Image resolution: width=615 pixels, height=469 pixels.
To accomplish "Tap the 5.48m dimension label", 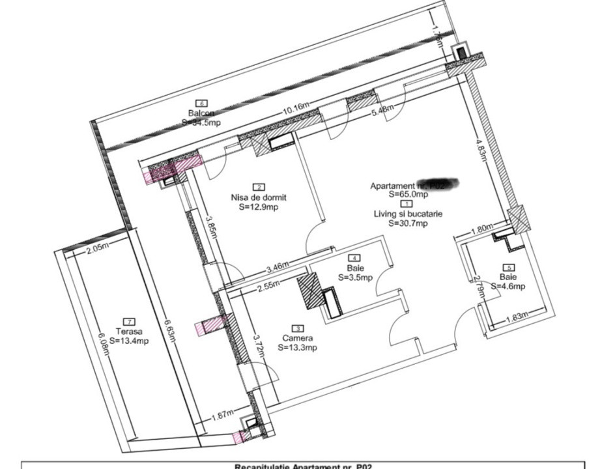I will pyautogui.click(x=382, y=110).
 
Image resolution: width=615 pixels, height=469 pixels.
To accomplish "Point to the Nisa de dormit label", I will pyautogui.click(x=259, y=197).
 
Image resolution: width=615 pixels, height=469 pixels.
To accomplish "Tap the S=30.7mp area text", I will pyautogui.click(x=408, y=223).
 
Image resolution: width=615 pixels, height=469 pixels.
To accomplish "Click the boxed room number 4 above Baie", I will pyautogui.click(x=355, y=258).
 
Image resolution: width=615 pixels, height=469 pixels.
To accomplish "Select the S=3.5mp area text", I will pyautogui.click(x=355, y=277).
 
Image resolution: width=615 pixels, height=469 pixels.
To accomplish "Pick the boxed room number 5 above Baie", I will pyautogui.click(x=509, y=266).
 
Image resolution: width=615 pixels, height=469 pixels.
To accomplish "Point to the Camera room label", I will pyautogui.click(x=298, y=338).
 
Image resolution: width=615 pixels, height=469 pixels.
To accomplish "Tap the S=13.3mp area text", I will pyautogui.click(x=298, y=348).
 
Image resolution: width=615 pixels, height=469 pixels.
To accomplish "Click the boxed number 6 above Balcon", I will pyautogui.click(x=201, y=103).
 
